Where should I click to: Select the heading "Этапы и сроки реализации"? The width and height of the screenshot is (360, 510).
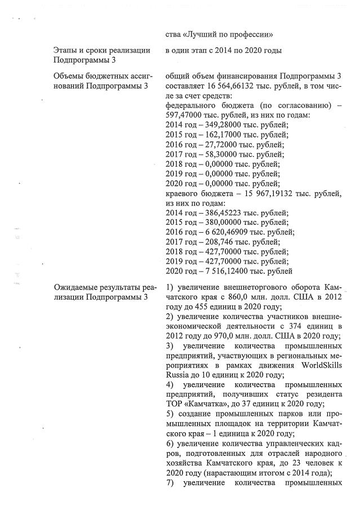coord(101,51)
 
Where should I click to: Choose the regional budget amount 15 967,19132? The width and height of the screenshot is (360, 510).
coord(268,193)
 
